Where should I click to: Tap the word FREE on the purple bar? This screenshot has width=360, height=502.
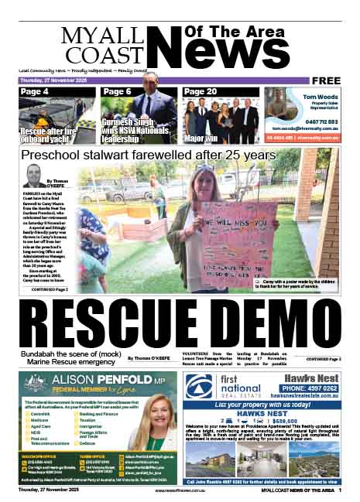point(328,80)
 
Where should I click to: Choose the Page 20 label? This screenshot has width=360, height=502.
point(201,92)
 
